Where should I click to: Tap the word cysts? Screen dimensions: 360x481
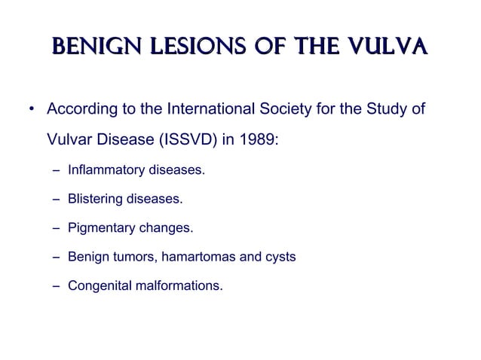tap(279, 258)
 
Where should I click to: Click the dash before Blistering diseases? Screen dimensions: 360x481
tap(57, 200)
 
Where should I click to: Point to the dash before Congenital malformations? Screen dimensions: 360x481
tap(57, 286)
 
